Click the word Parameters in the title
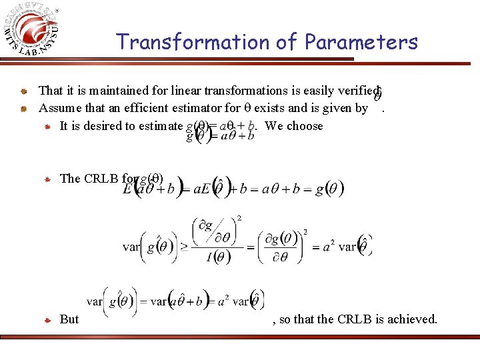(x=361, y=42)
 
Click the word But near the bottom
(x=69, y=319)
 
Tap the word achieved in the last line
(x=413, y=319)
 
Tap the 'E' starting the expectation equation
(x=128, y=189)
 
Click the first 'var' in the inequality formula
(x=131, y=246)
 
